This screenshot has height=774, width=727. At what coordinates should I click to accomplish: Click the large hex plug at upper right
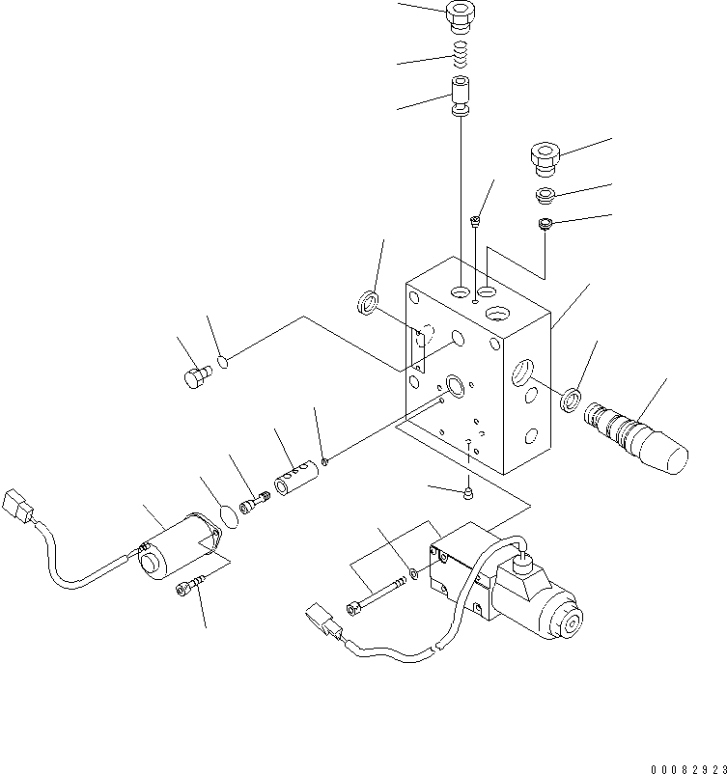pyautogui.click(x=546, y=158)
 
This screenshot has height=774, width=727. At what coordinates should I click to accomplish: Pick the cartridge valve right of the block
pyautogui.click(x=637, y=433)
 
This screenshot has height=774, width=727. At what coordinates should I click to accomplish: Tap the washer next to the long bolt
pyautogui.click(x=413, y=575)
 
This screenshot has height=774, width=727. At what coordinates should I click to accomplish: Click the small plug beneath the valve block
pyautogui.click(x=467, y=494)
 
